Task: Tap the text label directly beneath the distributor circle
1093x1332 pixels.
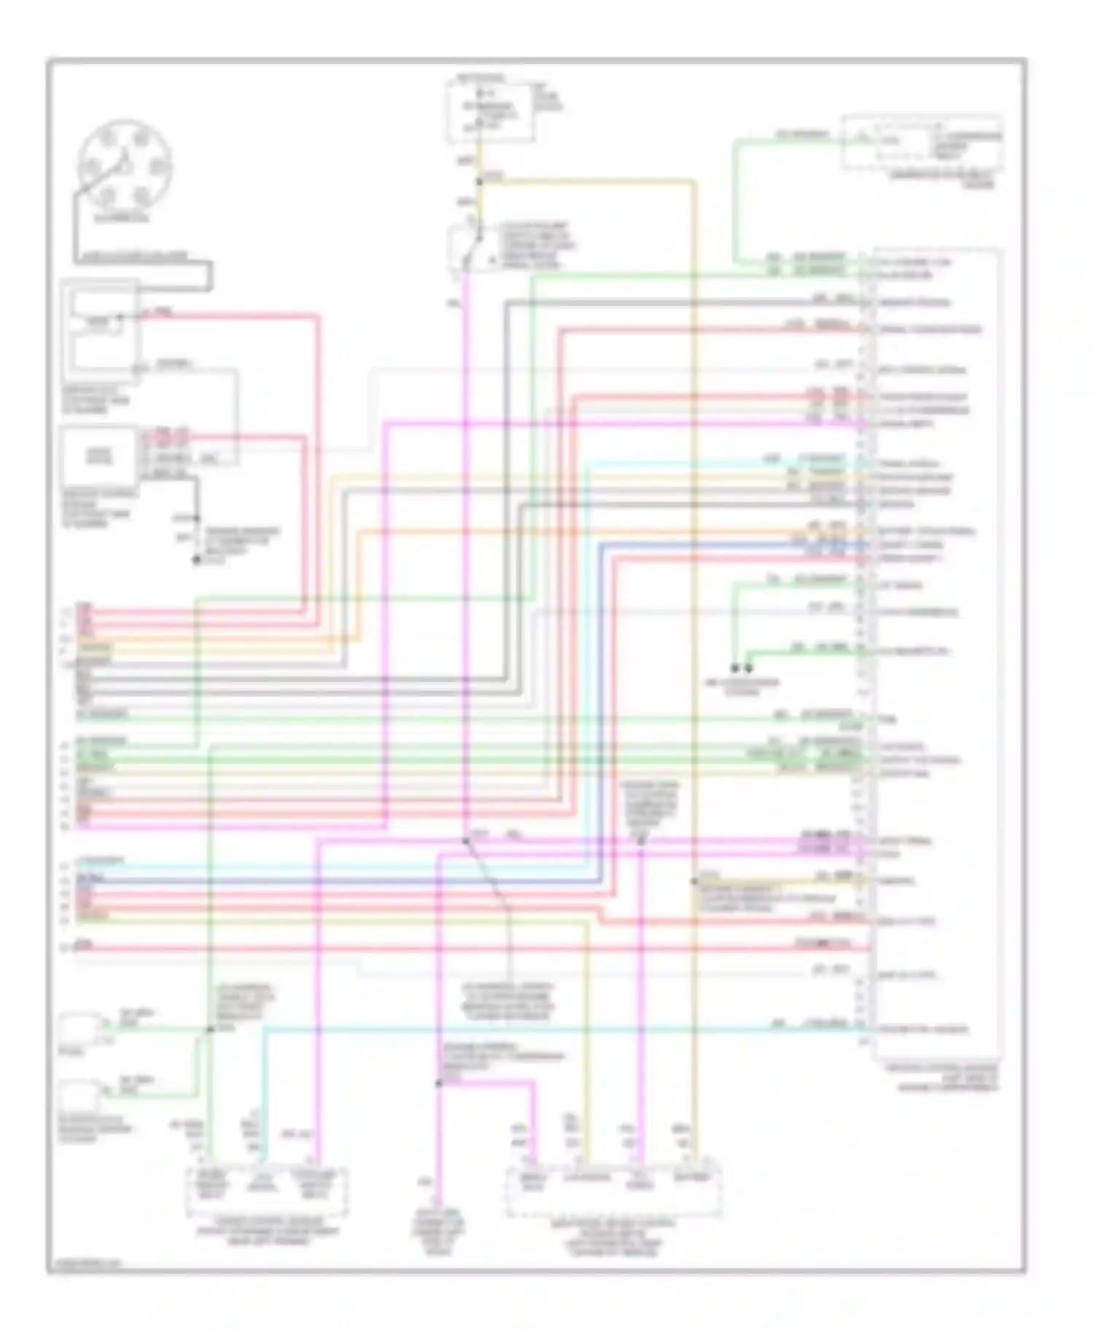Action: coord(122,218)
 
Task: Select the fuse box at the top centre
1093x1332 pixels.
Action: coord(490,111)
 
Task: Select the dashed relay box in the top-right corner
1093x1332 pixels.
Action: coord(922,142)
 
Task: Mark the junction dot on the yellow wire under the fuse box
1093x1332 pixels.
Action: coord(479,181)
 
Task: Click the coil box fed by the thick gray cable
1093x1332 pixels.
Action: coord(101,326)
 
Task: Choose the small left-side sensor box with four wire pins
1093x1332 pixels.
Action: coord(99,456)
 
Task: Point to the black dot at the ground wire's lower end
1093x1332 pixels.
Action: coord(195,560)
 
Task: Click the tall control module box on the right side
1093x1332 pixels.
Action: coord(936,656)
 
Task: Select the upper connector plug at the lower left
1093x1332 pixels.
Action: coord(80,1025)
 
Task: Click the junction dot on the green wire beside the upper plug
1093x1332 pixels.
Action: coord(210,1029)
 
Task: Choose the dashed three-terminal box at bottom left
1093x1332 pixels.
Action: coord(267,1191)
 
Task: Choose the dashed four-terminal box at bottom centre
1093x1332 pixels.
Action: coord(614,1191)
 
